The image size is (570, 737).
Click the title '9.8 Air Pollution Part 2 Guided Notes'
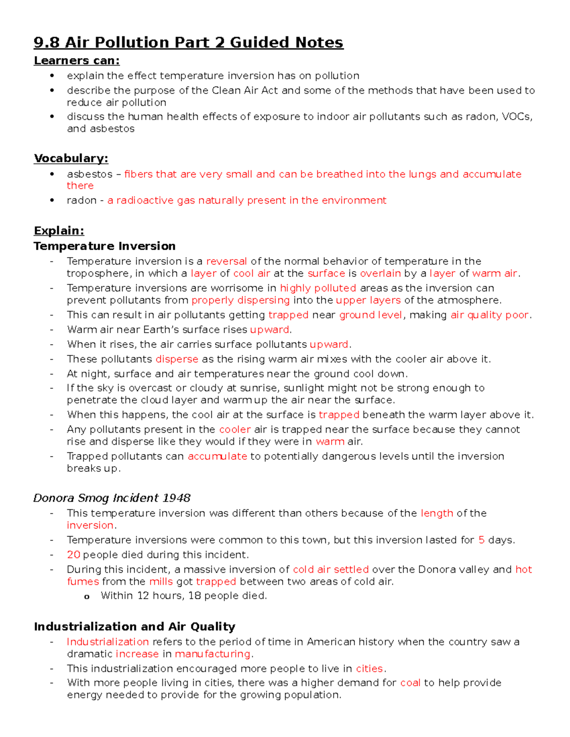[188, 43]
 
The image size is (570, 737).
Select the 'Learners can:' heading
[76, 61]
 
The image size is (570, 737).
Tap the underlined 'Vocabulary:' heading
[71, 159]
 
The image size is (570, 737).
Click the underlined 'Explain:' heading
[59, 231]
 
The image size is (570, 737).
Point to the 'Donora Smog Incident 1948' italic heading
[112, 498]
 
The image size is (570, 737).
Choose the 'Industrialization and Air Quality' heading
[134, 627]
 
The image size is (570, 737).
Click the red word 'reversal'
[226, 261]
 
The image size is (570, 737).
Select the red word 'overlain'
[380, 274]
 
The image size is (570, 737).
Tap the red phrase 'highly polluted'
[318, 289]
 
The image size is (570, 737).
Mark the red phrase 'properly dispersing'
[240, 300]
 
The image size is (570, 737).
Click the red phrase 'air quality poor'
[489, 315]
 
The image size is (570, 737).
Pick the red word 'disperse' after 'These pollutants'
[177, 359]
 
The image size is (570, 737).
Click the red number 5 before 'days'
[481, 540]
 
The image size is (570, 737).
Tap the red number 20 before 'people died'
[73, 555]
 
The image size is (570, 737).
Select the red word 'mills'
[161, 582]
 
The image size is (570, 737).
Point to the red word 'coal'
[410, 683]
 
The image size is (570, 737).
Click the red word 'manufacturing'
[212, 654]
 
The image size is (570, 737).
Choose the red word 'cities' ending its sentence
[369, 669]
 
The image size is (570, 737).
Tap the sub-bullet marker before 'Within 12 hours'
[86, 597]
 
